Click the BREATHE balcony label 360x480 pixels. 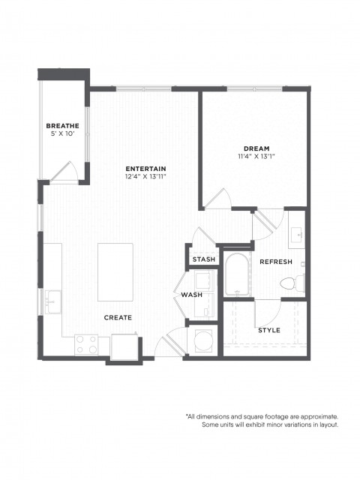62,126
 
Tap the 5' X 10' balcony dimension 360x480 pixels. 62,133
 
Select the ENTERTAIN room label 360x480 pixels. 145,169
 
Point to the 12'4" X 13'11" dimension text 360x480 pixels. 145,176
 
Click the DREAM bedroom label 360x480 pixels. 256,148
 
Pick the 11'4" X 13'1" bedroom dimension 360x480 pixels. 256,157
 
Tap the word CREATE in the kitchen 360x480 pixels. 118,318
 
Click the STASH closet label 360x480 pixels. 203,259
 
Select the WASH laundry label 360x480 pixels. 192,295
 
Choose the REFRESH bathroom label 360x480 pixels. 276,262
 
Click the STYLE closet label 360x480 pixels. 269,330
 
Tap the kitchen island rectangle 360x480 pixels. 115,272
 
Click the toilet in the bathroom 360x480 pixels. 292,283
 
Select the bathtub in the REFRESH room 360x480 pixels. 237,274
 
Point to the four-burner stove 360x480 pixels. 87,345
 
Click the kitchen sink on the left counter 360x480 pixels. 52,302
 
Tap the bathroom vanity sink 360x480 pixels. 297,235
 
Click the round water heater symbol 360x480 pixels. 202,340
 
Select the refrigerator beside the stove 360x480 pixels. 124,346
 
